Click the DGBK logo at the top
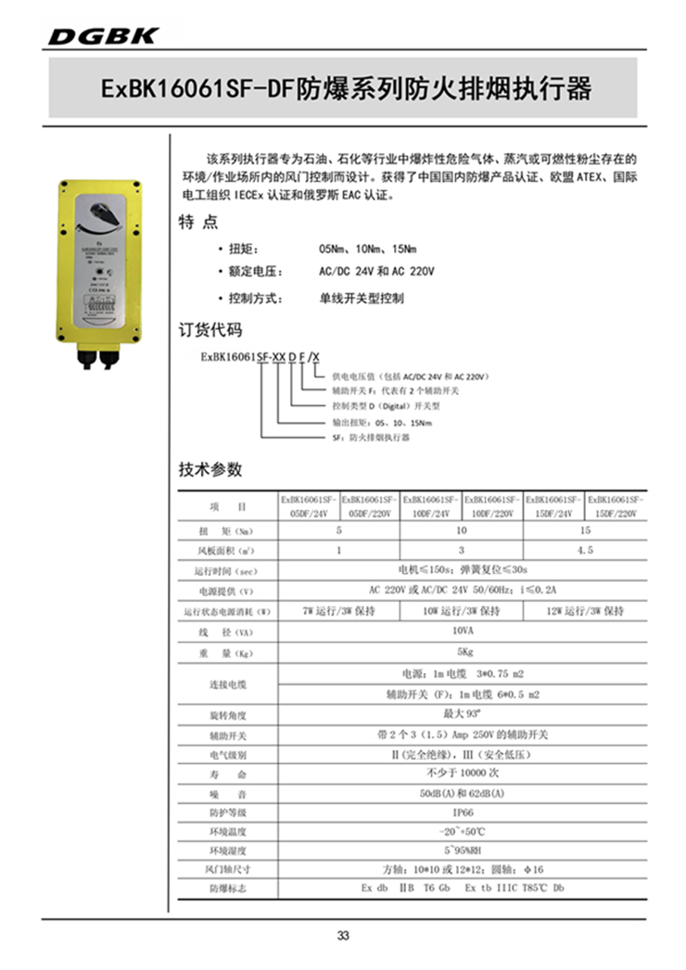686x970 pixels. (x=103, y=35)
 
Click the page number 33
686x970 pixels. (x=343, y=935)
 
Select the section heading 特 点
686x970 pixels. (x=197, y=223)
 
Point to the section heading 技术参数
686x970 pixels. (x=210, y=469)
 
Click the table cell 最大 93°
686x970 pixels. (x=462, y=714)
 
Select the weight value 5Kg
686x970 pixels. (x=462, y=653)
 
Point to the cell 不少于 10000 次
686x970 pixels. (x=462, y=772)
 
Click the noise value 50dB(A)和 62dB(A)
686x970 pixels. (x=462, y=793)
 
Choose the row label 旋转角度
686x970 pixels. (x=228, y=715)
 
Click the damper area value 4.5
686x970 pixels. (x=585, y=550)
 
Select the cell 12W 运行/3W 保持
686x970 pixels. (x=585, y=612)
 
